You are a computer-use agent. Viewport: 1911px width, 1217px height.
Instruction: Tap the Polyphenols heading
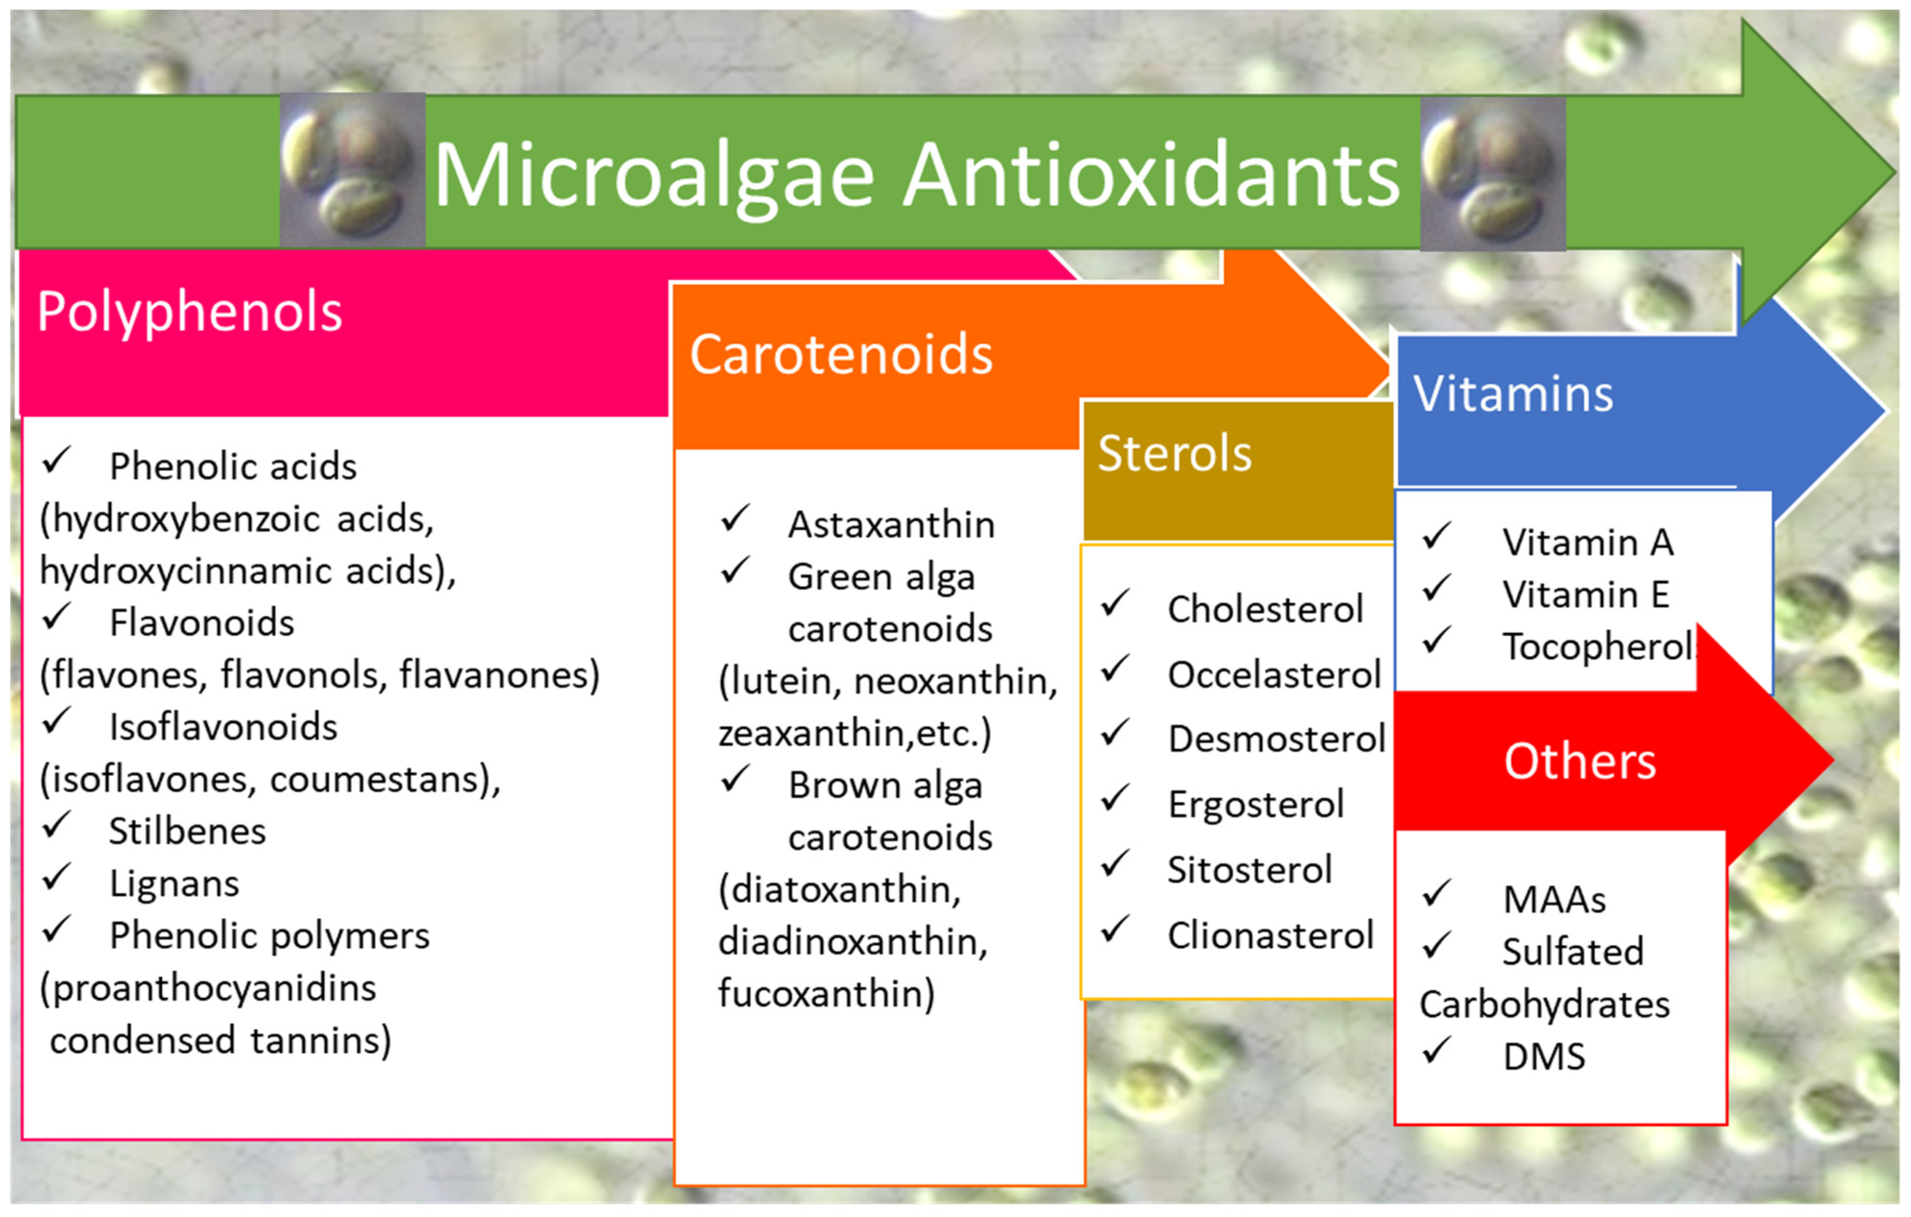189,311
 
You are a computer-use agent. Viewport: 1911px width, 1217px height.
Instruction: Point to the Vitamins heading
1512,394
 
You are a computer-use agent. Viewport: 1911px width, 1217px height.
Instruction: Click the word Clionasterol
1270,936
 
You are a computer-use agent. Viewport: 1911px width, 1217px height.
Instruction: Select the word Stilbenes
187,832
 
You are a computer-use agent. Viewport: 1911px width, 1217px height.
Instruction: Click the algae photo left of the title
353,170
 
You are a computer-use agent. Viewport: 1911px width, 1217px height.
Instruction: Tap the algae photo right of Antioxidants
1492,173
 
